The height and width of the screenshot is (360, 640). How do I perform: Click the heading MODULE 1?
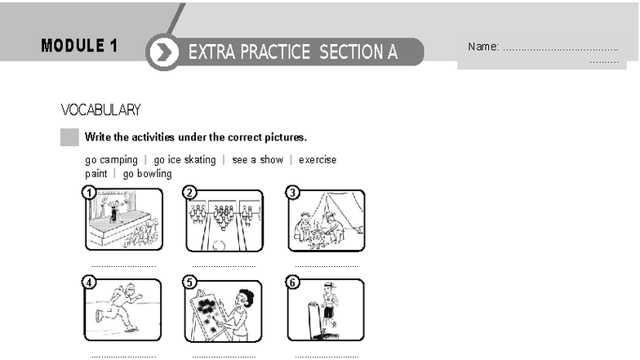pos(79,46)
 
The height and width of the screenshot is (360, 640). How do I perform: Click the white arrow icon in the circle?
pos(164,53)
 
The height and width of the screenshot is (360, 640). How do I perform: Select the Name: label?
pos(483,47)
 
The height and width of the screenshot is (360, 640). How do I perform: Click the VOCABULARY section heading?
pos(100,109)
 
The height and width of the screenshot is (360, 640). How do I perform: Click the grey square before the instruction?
pos(69,136)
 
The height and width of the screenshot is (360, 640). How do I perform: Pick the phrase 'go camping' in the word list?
pos(111,160)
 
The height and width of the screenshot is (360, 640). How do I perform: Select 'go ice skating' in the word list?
pos(184,160)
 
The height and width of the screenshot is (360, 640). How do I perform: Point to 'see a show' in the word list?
pos(257,160)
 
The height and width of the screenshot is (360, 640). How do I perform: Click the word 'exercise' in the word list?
pos(318,160)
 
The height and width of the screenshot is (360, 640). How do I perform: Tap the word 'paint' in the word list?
pos(96,174)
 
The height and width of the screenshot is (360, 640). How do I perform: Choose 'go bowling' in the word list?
pos(148,174)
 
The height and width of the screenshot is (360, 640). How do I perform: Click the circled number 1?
pos(89,193)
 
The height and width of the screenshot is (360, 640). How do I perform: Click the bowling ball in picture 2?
pos(217,245)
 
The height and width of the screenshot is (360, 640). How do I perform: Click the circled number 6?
pos(293,283)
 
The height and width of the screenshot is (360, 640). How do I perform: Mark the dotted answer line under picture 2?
pos(224,265)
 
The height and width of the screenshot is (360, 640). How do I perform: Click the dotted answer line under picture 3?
pos(327,265)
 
